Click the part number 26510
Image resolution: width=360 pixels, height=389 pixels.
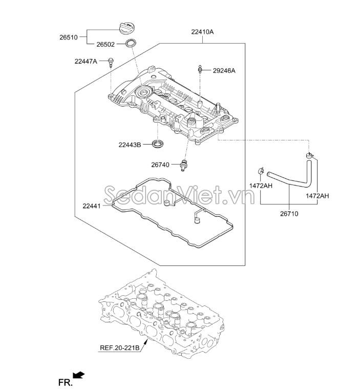click(x=69, y=37)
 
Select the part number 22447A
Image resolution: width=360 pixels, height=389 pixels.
click(x=86, y=62)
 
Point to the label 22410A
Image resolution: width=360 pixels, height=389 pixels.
click(x=202, y=32)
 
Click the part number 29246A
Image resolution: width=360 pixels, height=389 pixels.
click(x=224, y=70)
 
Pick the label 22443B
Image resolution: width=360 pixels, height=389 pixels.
click(x=129, y=145)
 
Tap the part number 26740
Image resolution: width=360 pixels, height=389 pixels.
click(x=161, y=165)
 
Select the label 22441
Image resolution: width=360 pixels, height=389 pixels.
click(x=92, y=206)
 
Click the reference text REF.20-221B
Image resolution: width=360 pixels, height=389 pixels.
click(x=119, y=348)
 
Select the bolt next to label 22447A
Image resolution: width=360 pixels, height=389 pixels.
click(x=110, y=64)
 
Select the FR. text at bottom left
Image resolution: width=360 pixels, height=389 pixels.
click(x=64, y=381)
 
